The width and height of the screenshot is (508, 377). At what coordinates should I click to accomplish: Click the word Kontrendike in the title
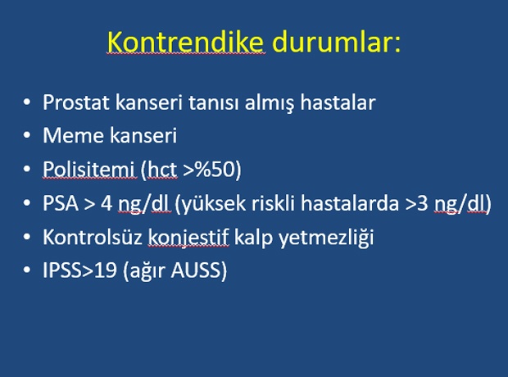[x=185, y=42]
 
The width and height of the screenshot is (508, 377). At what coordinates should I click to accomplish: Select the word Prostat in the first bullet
[x=76, y=102]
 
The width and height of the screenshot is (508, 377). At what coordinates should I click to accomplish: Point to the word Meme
[x=74, y=135]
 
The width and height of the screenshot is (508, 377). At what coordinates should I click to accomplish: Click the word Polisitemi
[x=88, y=169]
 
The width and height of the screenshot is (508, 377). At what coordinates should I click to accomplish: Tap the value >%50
[x=210, y=169]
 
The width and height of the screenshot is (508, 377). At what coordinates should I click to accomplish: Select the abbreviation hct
[x=162, y=169]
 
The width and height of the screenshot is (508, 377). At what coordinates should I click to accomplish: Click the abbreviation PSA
[x=61, y=203]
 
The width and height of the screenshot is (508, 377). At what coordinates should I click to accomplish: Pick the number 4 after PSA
[x=107, y=203]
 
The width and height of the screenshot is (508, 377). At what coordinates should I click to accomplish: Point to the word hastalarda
[x=350, y=203]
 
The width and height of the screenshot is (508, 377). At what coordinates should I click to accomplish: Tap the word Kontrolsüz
[x=93, y=237]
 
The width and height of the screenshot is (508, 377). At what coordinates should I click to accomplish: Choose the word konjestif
[x=188, y=238]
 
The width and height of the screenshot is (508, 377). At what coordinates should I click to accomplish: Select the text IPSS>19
[x=79, y=270]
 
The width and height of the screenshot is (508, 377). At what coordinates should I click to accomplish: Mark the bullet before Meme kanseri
[x=27, y=135]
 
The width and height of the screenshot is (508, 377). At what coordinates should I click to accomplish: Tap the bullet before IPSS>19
[x=27, y=270]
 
